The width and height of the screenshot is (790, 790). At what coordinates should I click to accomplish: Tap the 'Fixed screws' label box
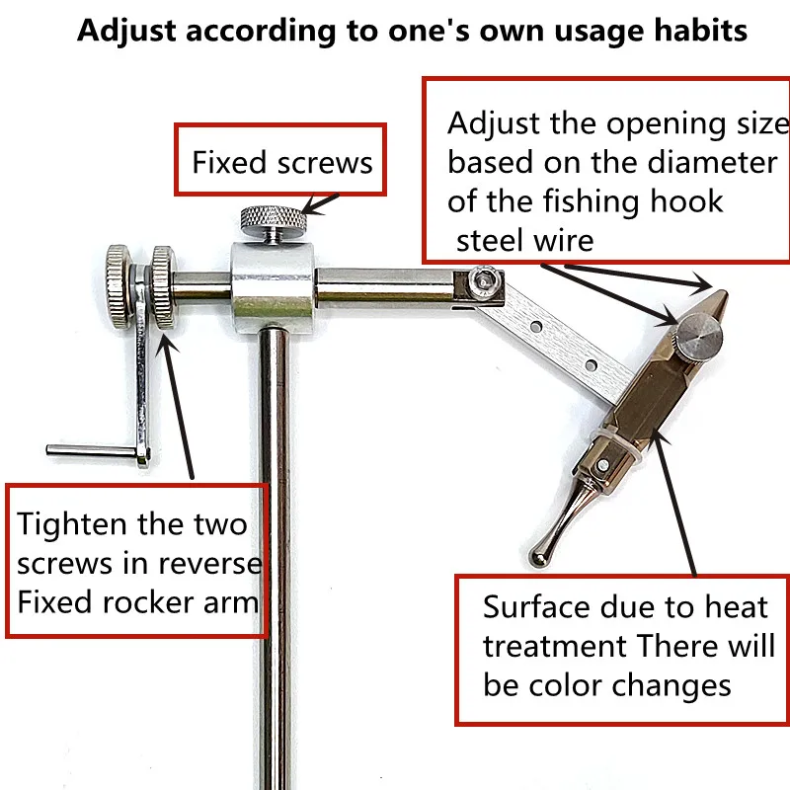pyautogui.click(x=280, y=159)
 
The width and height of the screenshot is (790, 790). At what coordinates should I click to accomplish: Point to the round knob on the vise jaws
pyautogui.click(x=699, y=335)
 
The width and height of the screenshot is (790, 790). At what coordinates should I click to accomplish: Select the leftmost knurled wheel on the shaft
pyautogui.click(x=118, y=286)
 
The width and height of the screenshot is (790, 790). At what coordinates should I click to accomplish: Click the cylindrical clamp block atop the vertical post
pyautogui.click(x=273, y=287)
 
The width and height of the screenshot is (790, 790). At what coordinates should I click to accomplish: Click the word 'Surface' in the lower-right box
pyautogui.click(x=537, y=606)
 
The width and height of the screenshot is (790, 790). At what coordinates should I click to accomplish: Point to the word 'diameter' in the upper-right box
pyautogui.click(x=712, y=162)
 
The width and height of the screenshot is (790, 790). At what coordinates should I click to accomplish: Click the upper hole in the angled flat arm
pyautogui.click(x=537, y=327)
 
